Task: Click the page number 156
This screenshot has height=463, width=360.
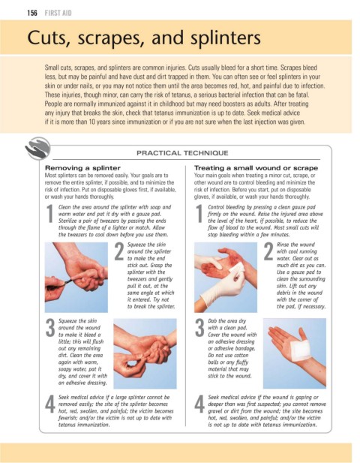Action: (32, 13)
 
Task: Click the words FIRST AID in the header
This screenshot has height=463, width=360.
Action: (58, 13)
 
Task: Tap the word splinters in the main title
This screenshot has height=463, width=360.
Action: (226, 38)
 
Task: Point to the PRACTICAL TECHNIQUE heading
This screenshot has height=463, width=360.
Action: (182, 153)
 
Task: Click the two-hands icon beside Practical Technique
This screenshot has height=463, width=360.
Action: (37, 149)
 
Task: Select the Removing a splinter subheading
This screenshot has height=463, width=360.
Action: (82, 168)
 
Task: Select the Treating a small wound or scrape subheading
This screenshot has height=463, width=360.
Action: (256, 168)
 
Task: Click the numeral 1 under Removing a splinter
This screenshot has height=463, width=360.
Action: (49, 213)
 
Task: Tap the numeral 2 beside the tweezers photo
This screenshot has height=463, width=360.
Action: (119, 251)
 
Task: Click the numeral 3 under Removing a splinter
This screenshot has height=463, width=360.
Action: (50, 328)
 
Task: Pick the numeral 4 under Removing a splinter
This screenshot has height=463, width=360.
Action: (50, 404)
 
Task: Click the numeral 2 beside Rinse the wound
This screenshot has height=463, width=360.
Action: (268, 251)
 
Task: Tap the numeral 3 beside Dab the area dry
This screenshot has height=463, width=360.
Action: (199, 328)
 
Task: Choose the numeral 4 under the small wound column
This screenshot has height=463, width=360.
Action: (199, 404)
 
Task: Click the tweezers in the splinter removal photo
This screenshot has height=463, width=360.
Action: (67, 282)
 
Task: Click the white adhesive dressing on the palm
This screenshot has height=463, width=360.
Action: (299, 350)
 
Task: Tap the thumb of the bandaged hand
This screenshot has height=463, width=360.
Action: (303, 334)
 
